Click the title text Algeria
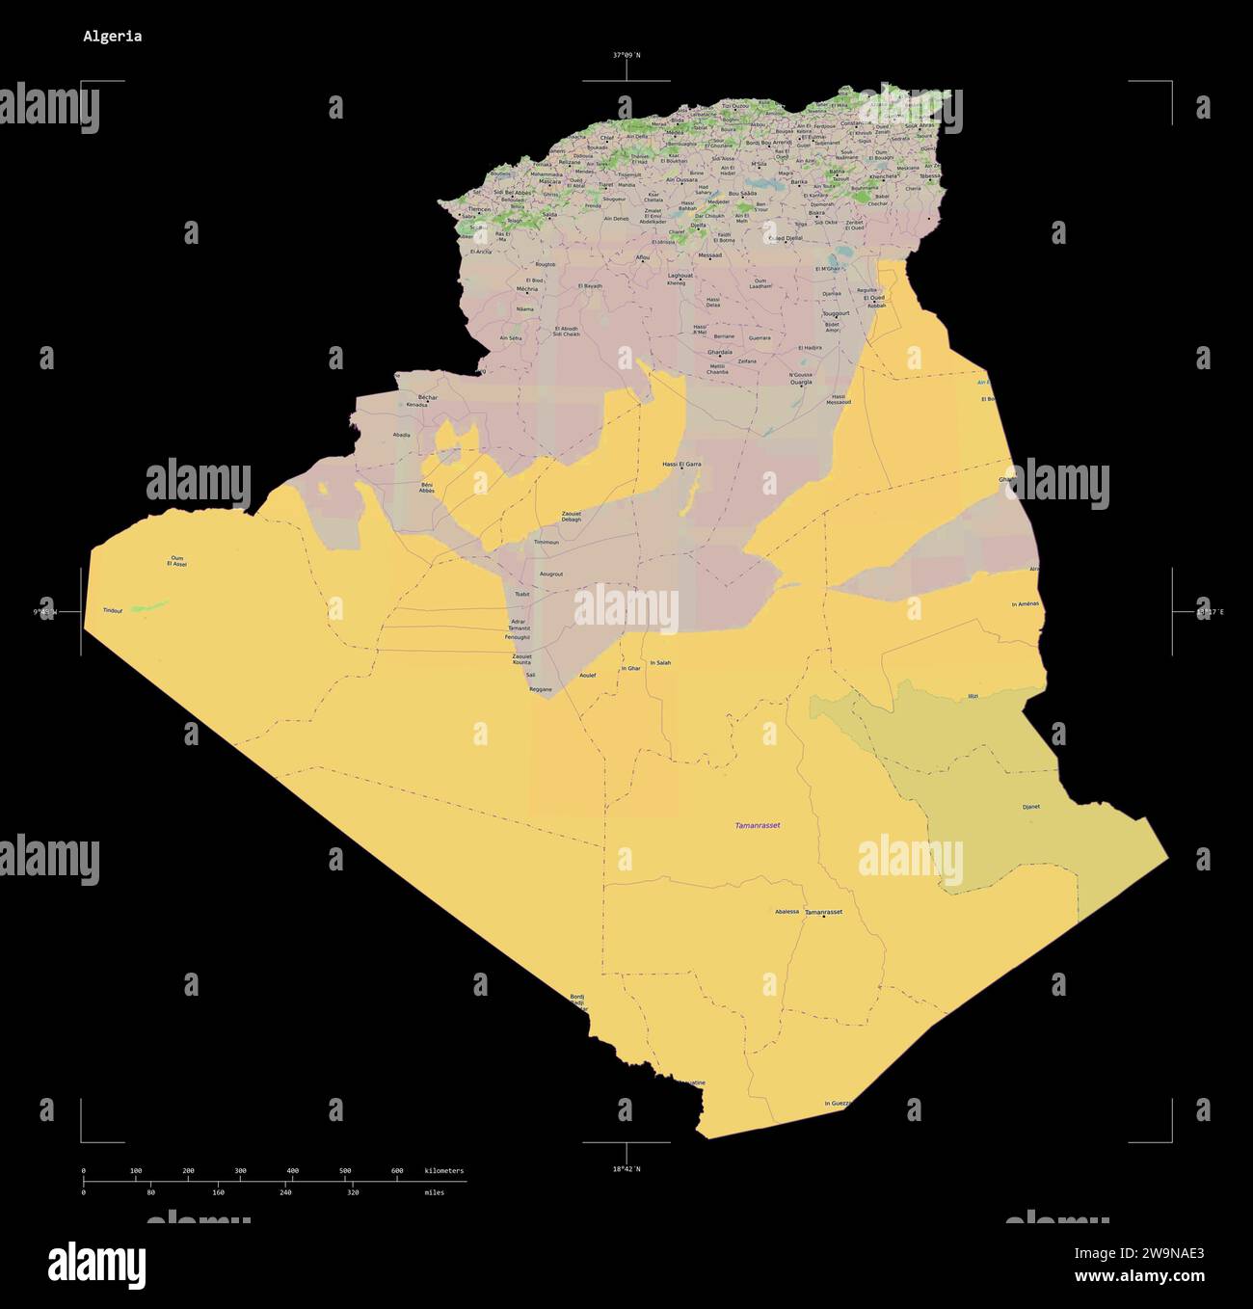[112, 37]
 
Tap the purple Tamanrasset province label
[758, 826]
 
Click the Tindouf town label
[113, 611]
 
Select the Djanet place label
[1030, 807]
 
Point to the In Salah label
[660, 663]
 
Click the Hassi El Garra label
[681, 465]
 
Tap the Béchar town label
[428, 397]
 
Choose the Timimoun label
[546, 543]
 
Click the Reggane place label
[541, 689]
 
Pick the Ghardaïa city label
[720, 353]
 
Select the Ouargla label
[801, 383]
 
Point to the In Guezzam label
[839, 1104]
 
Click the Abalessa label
[786, 912]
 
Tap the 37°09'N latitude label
[626, 56]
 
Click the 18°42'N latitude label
[626, 1169]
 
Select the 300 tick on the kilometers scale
[240, 1171]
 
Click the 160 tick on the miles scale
[218, 1192]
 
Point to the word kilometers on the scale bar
[443, 1171]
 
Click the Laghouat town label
[680, 276]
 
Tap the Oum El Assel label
[176, 561]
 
